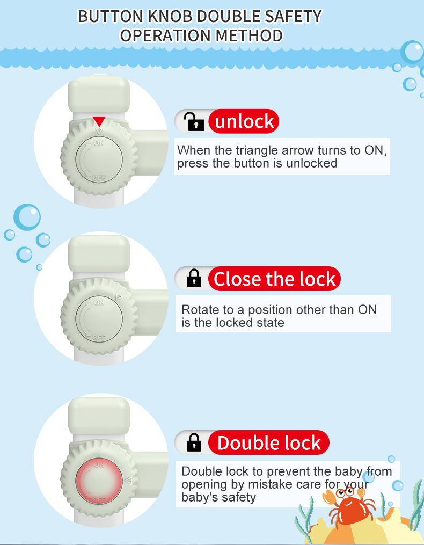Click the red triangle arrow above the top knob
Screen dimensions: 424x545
pyautogui.click(x=99, y=121)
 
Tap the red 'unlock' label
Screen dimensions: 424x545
pyautogui.click(x=244, y=121)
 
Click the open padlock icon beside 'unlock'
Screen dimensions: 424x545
pyautogui.click(x=194, y=121)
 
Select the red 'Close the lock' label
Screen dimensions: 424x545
pyautogui.click(x=275, y=279)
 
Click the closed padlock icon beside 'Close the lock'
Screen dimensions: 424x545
pyautogui.click(x=194, y=278)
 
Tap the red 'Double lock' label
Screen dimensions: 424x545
pyautogui.click(x=269, y=442)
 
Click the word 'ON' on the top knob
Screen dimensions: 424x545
pyautogui.click(x=99, y=143)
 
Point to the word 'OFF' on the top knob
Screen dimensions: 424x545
pyautogui.click(x=99, y=178)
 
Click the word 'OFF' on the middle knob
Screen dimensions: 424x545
pyautogui.click(x=99, y=337)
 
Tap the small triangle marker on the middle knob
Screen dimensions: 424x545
pyautogui.click(x=119, y=297)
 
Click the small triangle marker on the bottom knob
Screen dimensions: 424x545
pyautogui.click(x=128, y=481)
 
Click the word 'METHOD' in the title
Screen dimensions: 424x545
pyautogui.click(x=249, y=36)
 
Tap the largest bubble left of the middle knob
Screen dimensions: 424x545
pyautogui.click(x=27, y=217)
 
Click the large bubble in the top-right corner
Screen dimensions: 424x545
pyautogui.click(x=413, y=52)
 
